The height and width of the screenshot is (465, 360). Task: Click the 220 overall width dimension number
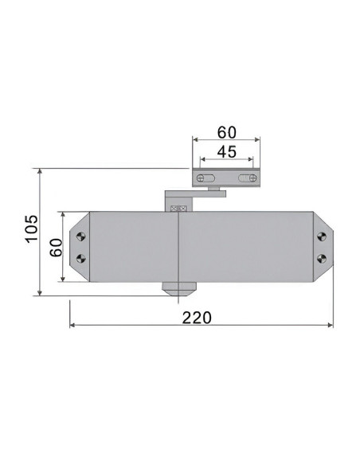click(x=197, y=317)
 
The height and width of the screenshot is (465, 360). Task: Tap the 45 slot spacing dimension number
click(x=226, y=152)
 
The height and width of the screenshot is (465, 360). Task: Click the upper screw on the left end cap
click(x=81, y=236)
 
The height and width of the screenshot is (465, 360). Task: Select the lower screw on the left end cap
click(x=81, y=257)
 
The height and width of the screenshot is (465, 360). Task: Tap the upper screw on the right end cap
click(x=321, y=236)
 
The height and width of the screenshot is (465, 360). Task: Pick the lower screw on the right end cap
click(x=321, y=257)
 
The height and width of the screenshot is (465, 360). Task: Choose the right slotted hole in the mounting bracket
click(x=248, y=178)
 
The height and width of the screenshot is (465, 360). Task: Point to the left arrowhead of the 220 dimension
click(x=73, y=326)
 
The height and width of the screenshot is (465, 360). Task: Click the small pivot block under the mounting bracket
click(x=213, y=190)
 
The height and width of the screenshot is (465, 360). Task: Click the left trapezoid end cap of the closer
click(x=80, y=247)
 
